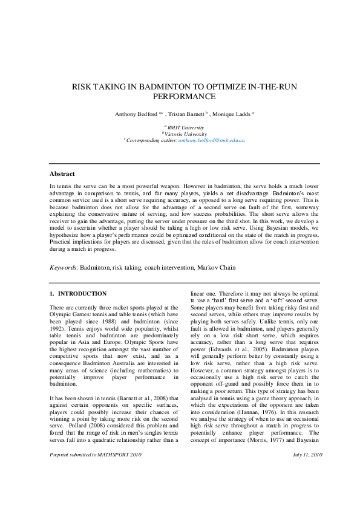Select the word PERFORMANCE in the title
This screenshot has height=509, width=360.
coord(185,96)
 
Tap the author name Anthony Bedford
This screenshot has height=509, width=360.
coord(136,114)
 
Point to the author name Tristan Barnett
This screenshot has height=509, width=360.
coord(185,114)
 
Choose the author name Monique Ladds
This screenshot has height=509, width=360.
coord(232,114)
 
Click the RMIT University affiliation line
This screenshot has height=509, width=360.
coord(185,127)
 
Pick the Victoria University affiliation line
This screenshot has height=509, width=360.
coord(185,134)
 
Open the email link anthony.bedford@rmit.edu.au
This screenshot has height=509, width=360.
coord(211,140)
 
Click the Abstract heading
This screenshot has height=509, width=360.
coord(62,173)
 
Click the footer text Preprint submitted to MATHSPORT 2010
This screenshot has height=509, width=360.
coord(95,487)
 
